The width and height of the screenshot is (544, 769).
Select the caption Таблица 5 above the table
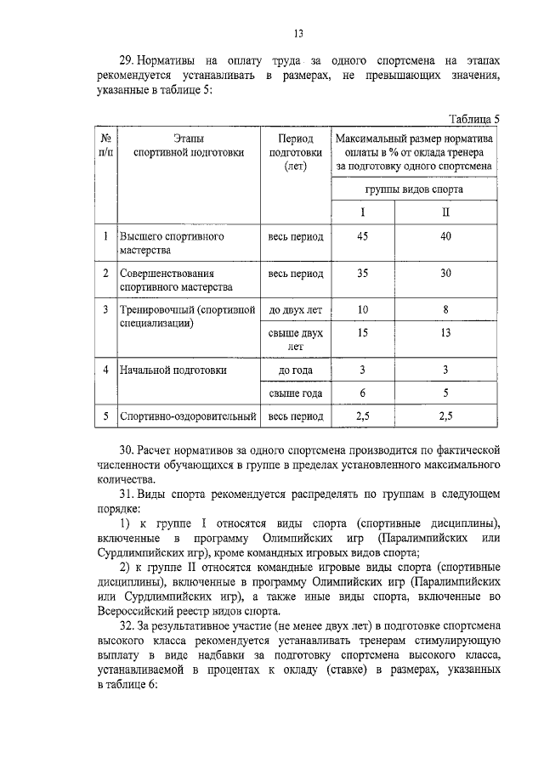473,119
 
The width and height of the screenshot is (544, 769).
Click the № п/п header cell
105,145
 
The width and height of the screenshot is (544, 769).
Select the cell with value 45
362,237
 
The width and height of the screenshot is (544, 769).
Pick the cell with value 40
445,237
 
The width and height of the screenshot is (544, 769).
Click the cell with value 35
362,274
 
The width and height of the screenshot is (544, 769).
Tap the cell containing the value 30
445,274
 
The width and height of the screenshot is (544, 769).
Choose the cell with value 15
362,333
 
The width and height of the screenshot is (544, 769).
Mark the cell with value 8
445,310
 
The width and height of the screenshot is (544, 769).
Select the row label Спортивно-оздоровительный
188,416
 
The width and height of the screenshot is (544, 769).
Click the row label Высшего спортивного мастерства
171,244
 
